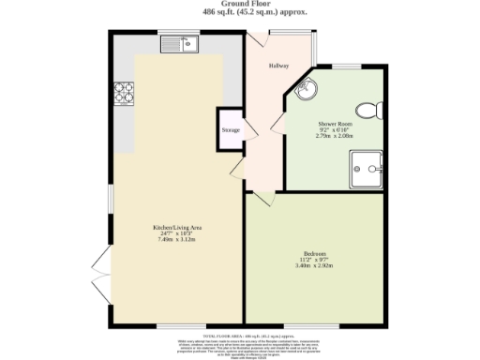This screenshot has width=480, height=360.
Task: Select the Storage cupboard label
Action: tap(231, 129)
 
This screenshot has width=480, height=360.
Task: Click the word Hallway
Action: tap(279, 66)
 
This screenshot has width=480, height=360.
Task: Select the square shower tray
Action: tap(366, 170)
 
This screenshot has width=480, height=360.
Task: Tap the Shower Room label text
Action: tap(334, 125)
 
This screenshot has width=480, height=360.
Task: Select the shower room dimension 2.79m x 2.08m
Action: tap(334, 137)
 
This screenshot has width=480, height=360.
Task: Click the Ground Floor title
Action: tap(240, 5)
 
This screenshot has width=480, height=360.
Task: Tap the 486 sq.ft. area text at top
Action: tap(240, 13)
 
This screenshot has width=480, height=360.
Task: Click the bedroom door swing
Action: tap(261, 198)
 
